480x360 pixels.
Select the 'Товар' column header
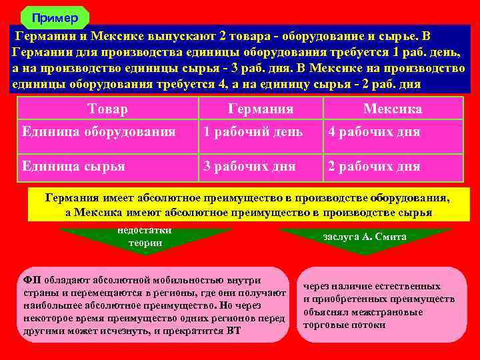(x=107, y=109)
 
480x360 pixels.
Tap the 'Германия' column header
(x=261, y=109)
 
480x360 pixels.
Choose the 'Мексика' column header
(x=393, y=109)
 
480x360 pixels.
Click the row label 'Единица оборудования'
(x=98, y=132)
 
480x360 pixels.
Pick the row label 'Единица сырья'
(x=73, y=166)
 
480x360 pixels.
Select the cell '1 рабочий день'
(x=253, y=132)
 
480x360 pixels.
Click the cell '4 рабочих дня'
(x=373, y=132)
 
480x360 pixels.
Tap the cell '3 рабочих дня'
(x=249, y=166)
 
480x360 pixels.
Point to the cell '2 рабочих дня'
(x=373, y=166)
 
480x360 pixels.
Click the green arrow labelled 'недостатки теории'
(x=145, y=237)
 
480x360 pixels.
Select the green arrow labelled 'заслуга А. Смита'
(x=365, y=237)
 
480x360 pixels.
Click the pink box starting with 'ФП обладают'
(x=151, y=305)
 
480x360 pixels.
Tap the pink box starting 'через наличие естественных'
(x=381, y=305)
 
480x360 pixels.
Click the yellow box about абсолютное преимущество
(x=247, y=205)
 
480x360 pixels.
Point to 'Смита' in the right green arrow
(x=392, y=237)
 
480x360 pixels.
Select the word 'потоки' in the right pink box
(x=371, y=325)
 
